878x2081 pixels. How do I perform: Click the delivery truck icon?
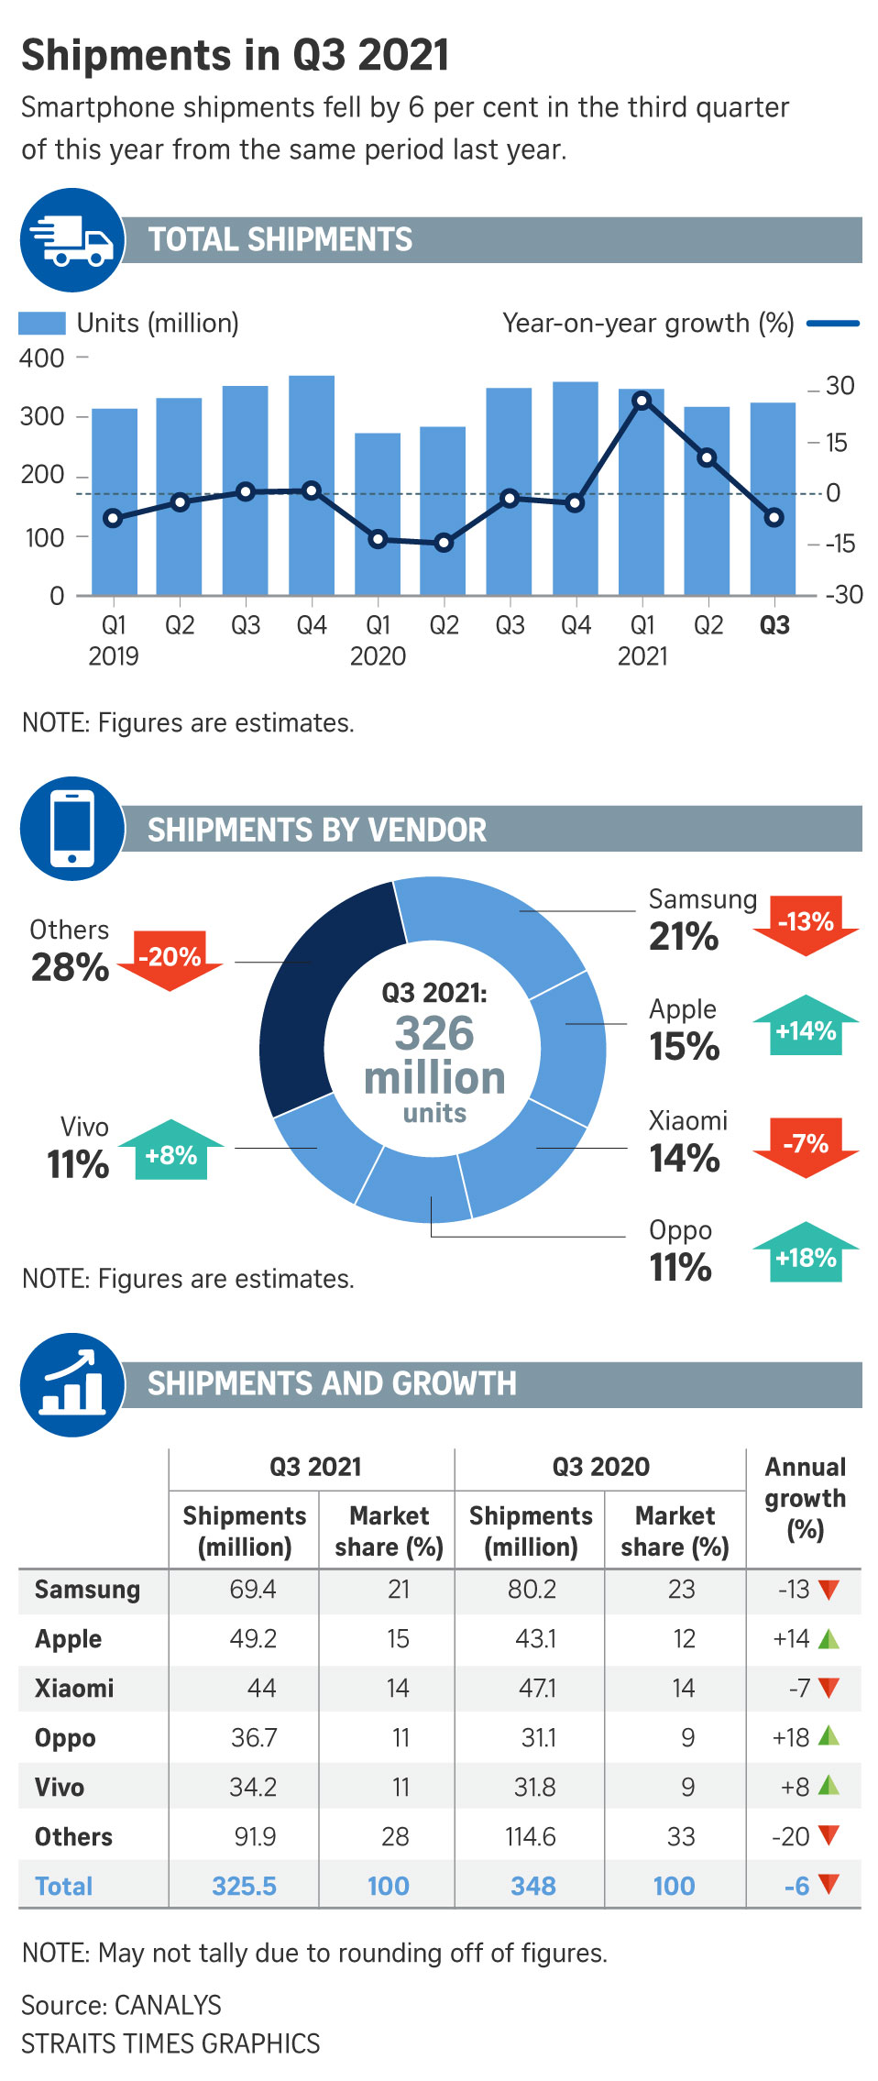pos(72,240)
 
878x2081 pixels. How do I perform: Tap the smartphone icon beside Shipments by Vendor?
pos(72,829)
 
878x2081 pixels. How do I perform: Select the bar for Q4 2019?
pos(312,486)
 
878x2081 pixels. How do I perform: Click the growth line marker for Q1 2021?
pos(642,401)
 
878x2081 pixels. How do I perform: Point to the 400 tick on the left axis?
pos(42,358)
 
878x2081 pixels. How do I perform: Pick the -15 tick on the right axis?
pos(840,544)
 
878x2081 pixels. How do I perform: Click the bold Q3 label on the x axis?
pos(774,625)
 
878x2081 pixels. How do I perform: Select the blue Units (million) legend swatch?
pos(42,323)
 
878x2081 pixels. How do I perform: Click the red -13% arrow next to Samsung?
pos(806,924)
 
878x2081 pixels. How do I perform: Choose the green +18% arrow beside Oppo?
pos(806,1253)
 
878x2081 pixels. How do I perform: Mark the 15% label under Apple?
pos(685,1047)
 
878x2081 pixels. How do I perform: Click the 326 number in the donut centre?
pos(434,1034)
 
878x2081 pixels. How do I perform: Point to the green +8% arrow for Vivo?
pos(171,1151)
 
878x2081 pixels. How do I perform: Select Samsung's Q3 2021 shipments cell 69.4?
pos(253,1590)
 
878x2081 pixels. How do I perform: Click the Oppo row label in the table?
pos(65,1738)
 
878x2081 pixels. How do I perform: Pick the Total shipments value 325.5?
pos(244,1886)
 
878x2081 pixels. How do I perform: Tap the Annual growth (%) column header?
pos(805,1498)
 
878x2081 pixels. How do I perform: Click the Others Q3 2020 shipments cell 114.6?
pos(532,1836)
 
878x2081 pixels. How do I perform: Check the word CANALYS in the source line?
pos(168,2005)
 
